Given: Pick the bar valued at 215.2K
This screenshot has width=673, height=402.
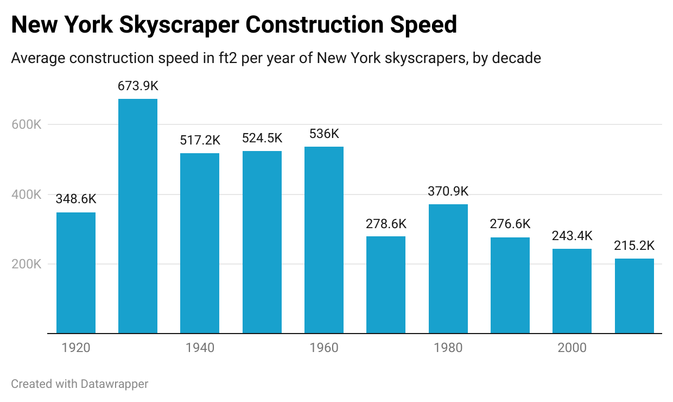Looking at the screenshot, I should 634,296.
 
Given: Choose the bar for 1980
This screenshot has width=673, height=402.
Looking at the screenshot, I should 448,269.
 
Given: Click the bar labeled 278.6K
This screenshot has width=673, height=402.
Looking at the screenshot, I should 386,285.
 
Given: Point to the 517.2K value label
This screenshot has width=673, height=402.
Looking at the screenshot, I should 200,140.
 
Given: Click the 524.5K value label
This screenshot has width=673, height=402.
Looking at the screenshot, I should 262,138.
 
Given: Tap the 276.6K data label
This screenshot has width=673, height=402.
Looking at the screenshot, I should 510,224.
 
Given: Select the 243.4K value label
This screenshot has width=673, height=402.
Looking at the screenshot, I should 572,236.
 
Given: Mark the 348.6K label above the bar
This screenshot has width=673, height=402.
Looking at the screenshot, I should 76,199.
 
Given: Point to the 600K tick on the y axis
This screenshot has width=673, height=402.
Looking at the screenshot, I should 26,124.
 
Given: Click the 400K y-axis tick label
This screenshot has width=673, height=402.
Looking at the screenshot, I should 26,194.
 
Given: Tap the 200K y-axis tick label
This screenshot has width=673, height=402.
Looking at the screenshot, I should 26,265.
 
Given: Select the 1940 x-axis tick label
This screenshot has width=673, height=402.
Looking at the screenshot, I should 200,348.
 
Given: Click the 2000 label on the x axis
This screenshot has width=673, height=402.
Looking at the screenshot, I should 572,348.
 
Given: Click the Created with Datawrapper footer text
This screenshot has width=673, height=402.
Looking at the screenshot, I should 80,384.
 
